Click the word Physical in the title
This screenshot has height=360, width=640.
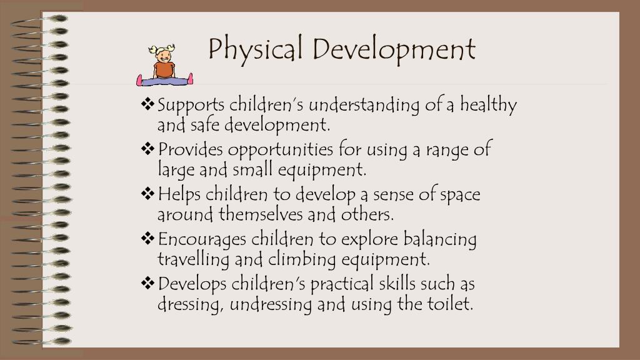click(257, 49)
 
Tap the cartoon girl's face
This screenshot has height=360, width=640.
click(164, 55)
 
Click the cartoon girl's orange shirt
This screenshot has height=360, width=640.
click(164, 69)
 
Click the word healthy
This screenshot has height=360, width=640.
click(489, 105)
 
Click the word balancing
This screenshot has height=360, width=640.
click(440, 239)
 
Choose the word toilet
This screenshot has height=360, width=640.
click(451, 304)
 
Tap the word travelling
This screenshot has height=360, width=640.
click(193, 259)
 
